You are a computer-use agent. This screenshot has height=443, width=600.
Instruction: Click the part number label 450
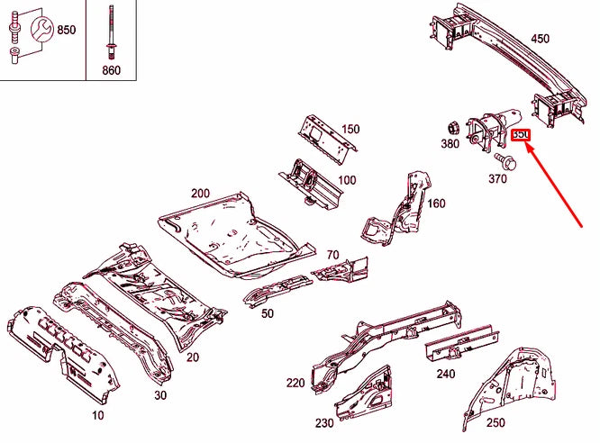[x=540, y=39]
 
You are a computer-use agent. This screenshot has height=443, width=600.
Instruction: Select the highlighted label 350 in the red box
[x=521, y=136]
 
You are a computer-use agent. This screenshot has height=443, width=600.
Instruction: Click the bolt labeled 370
[x=505, y=163]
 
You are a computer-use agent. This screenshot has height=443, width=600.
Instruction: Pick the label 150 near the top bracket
[x=350, y=129]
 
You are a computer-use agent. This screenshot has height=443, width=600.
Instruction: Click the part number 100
[x=346, y=180]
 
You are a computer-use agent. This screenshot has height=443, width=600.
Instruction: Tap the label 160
[x=436, y=203]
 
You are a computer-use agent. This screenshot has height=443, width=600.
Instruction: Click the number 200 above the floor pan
[x=200, y=193]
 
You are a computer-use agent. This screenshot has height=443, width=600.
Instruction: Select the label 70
[x=332, y=255]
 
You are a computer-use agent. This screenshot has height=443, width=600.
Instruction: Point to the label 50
[x=268, y=312]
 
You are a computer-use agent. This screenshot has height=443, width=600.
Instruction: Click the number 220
[x=295, y=384]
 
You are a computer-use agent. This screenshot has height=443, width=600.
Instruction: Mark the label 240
[x=446, y=374]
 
